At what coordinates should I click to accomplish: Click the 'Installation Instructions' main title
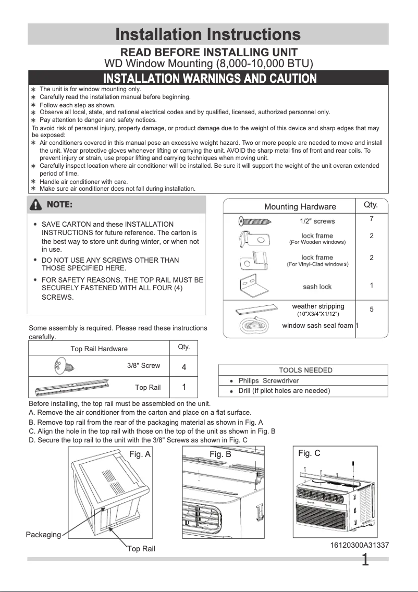pos(208,34)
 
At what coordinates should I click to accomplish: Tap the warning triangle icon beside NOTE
pos(36,205)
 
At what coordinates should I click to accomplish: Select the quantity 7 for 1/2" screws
pos(371,219)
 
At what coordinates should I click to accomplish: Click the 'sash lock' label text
pos(317,287)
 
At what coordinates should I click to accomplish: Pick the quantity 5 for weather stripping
pos(371,309)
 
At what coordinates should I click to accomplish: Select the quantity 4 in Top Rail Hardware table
pos(184,367)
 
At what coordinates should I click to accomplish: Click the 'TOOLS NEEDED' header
pos(305,370)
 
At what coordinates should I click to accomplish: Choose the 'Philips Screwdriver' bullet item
pos(268,380)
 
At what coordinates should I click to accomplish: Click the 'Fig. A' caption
pos(140,454)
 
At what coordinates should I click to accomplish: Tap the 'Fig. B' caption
pos(220,454)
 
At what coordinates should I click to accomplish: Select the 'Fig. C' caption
pos(309,453)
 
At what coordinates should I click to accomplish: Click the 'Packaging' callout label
pos(43,535)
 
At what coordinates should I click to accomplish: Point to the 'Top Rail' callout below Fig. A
pos(141,549)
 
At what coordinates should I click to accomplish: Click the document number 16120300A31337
pos(359,545)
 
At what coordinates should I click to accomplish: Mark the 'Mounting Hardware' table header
pos(300,207)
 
